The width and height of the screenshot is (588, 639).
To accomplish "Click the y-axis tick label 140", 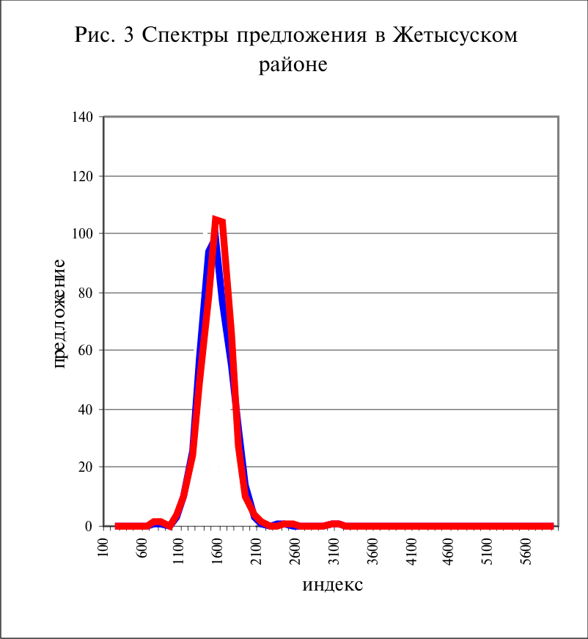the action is [x=83, y=117].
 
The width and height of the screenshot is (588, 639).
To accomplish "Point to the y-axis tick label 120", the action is [x=83, y=177].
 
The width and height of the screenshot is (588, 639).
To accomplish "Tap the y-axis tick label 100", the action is [x=83, y=233].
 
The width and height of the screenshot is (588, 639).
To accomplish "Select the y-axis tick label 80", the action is [x=86, y=293].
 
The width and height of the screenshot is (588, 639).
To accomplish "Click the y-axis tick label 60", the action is [x=86, y=350].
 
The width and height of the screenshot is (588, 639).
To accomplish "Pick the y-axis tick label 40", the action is [x=86, y=409].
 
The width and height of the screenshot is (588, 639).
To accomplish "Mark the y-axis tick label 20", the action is [x=86, y=467].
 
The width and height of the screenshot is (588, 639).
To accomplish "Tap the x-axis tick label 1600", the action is [x=218, y=551].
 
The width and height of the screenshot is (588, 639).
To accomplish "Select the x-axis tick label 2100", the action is [x=256, y=551].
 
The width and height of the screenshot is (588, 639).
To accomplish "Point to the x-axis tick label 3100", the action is [x=334, y=551].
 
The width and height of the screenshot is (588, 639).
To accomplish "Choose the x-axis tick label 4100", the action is [x=412, y=551].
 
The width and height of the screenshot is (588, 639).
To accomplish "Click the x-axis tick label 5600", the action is [x=526, y=551].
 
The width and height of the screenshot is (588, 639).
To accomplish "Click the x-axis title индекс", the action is [x=333, y=585].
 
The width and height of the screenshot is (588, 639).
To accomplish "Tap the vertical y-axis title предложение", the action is [x=59, y=314].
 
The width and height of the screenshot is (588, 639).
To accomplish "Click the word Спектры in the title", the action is [x=186, y=35].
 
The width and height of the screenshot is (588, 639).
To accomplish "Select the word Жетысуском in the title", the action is [x=455, y=35].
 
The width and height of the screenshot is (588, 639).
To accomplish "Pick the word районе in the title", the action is [x=293, y=65].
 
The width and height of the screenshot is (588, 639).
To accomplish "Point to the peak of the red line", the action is [x=216, y=219].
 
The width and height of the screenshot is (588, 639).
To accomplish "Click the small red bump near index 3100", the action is [x=335, y=524].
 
